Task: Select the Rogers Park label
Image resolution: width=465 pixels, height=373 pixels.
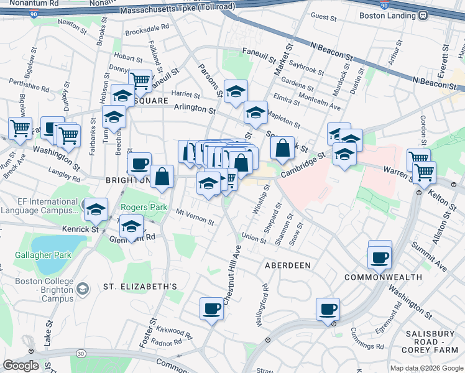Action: coord(140,208)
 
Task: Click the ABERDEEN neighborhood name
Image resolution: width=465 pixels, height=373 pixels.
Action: coord(288,265)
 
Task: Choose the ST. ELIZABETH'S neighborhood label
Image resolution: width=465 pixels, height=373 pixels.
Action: coord(140,287)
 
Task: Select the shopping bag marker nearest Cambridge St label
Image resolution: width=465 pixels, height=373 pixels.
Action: coord(282,149)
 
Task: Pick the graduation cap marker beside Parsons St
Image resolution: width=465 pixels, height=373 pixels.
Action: coord(236,91)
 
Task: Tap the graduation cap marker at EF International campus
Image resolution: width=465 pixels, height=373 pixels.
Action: coord(96,210)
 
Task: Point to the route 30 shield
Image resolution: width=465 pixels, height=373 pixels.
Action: coord(81,354)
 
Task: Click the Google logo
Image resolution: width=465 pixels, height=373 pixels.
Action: coord(21,366)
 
